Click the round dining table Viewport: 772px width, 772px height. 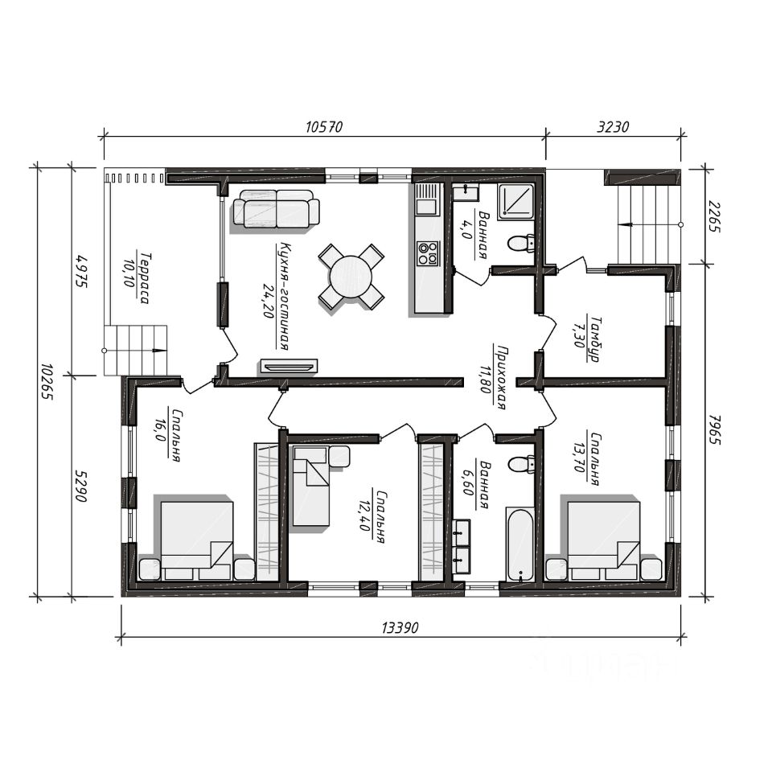tap(351, 276)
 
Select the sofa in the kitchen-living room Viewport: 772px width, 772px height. tap(276, 209)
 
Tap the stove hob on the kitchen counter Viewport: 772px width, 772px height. tap(427, 253)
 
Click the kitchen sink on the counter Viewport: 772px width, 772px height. tap(426, 199)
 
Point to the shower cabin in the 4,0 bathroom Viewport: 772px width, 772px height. tap(515, 201)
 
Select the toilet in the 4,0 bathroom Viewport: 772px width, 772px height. tap(521, 243)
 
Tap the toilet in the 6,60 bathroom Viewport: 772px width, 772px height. tap(521, 464)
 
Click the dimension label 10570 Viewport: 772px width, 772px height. tap(323, 127)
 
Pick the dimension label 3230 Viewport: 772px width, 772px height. tap(613, 127)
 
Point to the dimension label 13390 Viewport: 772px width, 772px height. tap(400, 628)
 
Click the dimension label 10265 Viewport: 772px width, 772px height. tap(47, 382)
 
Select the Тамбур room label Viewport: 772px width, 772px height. tap(594, 339)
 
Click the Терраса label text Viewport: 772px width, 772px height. tap(145, 278)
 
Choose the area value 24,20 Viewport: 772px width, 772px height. tap(269, 301)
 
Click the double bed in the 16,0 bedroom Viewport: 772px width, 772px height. tap(197, 540)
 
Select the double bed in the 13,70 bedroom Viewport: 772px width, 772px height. tap(604, 540)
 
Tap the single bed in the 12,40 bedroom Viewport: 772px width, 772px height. tap(310, 486)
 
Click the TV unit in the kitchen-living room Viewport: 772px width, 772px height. tap(289, 366)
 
